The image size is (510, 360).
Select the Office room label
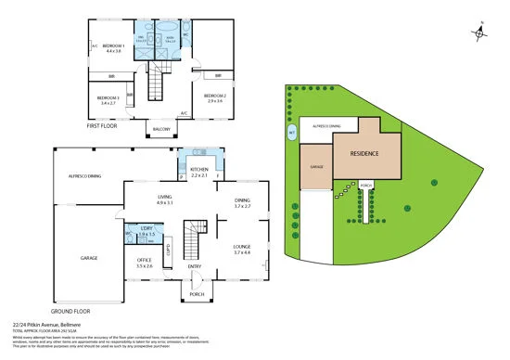(x=144, y=263)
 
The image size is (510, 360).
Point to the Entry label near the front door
(x=195, y=267)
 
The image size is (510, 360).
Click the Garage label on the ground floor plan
(x=89, y=259)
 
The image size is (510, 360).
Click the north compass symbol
(x=479, y=32)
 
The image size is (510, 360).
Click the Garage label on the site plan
(x=315, y=168)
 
